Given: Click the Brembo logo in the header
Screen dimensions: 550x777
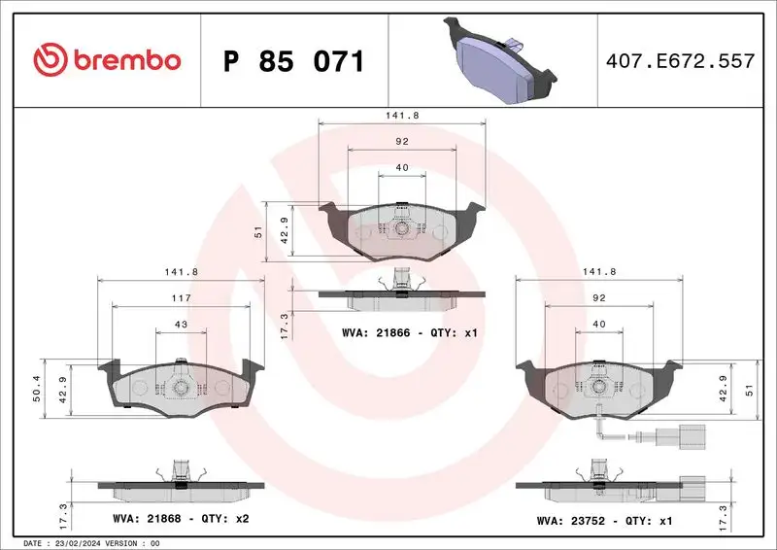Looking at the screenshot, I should click(107, 61).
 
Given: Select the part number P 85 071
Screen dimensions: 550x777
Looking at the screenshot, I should click(293, 61).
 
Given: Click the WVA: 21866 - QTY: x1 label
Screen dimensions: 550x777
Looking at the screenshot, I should click(411, 332).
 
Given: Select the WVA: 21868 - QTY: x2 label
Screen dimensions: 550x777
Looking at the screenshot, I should click(181, 519).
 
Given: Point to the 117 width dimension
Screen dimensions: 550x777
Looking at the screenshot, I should click(181, 297).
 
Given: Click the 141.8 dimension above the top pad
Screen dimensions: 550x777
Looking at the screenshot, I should click(401, 116).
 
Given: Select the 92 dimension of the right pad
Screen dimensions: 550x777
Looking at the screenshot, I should click(598, 297).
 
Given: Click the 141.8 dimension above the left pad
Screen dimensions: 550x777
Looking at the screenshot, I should click(181, 273).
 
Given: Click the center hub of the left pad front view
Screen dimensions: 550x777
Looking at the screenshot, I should click(181, 387).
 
